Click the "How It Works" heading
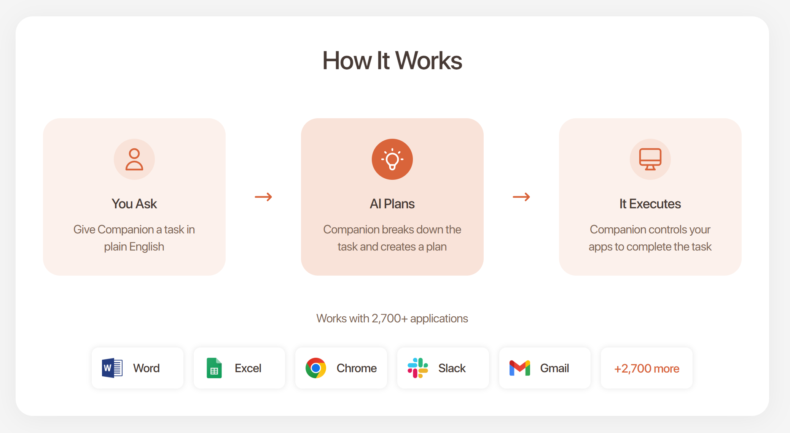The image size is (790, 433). coord(392,61)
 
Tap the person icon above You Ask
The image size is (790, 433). coord(134,159)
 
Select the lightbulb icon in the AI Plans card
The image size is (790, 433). coord(392,159)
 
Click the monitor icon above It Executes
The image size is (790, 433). coord(650,159)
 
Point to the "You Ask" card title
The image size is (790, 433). coord(134,204)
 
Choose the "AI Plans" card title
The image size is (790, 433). coord(392,204)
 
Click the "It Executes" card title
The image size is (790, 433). coord(650,204)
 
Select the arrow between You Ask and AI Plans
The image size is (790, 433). coord(263,197)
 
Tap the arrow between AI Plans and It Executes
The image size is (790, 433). coord(521,197)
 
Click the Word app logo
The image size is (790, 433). coord(112,368)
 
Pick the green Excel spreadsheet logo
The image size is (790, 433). coord(214,368)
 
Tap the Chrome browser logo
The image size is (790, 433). coord(316,368)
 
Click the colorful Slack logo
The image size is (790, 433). coord(418,368)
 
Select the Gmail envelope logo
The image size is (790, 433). coord(520,368)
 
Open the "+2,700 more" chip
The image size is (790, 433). coord(647,368)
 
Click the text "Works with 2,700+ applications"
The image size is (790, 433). coord(392,318)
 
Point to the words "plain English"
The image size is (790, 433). coord(134,247)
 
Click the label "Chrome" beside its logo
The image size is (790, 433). coord(357,368)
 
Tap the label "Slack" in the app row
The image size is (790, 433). coord(452,368)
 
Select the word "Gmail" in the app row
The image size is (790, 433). coord(554,368)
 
